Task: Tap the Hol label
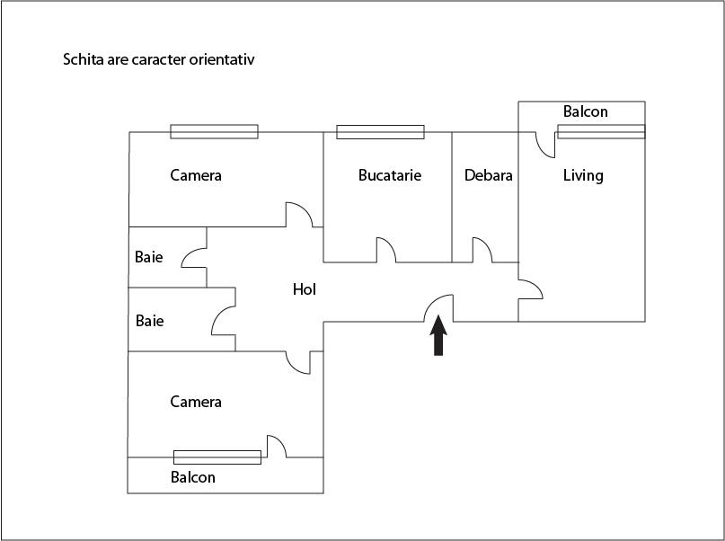tap(305, 289)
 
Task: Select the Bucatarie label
tap(389, 175)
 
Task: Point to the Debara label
tap(488, 175)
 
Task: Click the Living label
tap(583, 175)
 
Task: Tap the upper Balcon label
tap(585, 112)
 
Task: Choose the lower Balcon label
tap(193, 477)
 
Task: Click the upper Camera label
tap(196, 175)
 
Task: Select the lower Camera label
tap(196, 402)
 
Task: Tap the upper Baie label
tap(149, 256)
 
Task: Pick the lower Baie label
tap(149, 320)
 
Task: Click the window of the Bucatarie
tap(380, 132)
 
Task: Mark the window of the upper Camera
tap(214, 132)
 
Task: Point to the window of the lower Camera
tap(217, 457)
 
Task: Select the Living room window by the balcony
tap(601, 132)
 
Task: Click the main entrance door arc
tap(438, 307)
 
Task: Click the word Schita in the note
tap(81, 60)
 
